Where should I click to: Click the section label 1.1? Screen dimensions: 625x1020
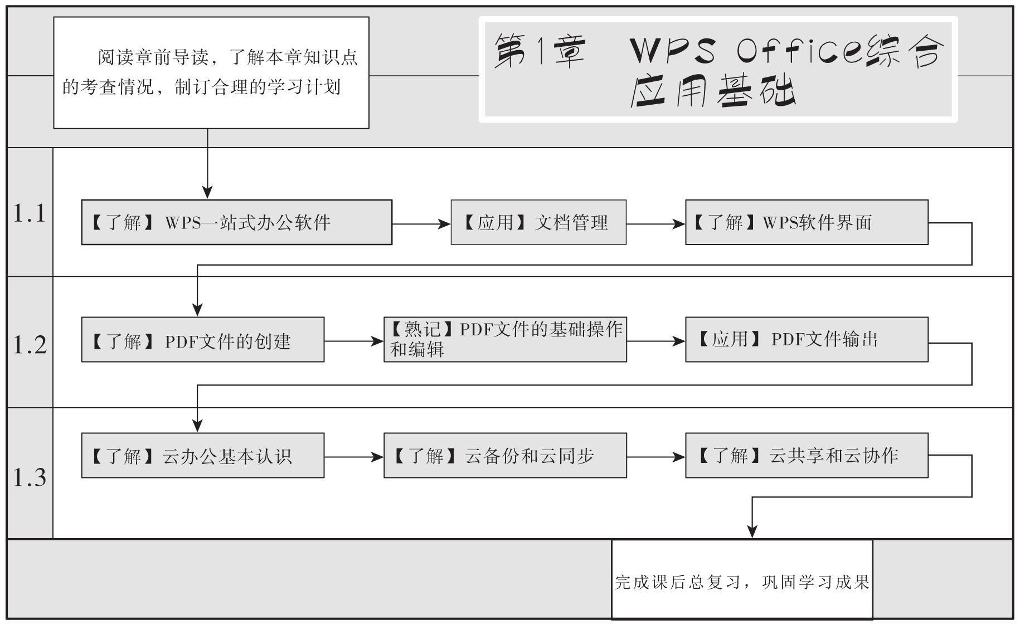coord(30,213)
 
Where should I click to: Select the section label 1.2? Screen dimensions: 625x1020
coord(30,345)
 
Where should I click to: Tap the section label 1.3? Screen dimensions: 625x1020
coord(30,477)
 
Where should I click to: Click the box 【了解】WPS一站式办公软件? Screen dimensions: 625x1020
coord(236,222)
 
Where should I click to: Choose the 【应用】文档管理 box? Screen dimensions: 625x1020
coord(538,222)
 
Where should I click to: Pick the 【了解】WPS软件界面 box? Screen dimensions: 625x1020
coord(806,222)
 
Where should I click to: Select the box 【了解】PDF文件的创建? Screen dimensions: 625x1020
coord(202,340)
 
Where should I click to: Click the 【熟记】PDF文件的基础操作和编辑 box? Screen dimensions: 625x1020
coord(504,340)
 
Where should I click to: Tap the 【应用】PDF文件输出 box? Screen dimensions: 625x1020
coord(806,340)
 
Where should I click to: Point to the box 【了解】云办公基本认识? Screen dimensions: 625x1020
coord(202,456)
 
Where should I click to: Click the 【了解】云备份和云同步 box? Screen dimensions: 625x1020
coord(504,456)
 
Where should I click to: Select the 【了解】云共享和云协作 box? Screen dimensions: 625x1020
coord(806,456)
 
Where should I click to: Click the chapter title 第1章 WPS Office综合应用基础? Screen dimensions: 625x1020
coord(718,70)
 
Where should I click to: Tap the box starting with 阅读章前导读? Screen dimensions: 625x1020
coord(211,73)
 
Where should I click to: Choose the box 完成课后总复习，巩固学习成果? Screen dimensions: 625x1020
coord(742,579)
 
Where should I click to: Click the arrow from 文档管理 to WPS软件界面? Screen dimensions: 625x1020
coord(655,224)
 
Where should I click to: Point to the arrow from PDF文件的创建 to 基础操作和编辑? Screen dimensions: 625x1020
coord(353,341)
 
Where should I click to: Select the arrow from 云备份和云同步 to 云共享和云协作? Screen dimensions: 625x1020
coord(655,457)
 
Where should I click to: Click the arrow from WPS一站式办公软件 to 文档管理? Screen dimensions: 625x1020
coord(421,224)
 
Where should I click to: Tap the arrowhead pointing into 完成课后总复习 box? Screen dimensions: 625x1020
coord(752,531)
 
